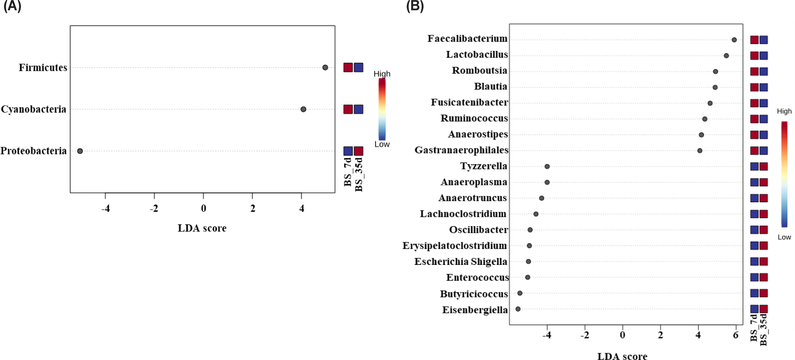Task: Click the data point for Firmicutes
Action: tap(325, 68)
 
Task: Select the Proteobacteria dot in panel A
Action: tap(80, 151)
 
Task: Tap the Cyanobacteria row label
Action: tap(34, 109)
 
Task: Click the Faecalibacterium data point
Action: tap(734, 40)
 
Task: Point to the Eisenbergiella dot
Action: tap(518, 309)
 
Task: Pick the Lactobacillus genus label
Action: tap(477, 55)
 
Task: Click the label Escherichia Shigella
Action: tap(460, 262)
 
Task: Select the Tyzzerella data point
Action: tap(547, 166)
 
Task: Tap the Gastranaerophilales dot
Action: tap(700, 151)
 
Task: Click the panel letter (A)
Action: tap(12, 6)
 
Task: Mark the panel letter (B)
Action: tap(415, 6)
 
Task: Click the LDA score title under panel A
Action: tap(202, 228)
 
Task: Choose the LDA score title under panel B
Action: tap(622, 356)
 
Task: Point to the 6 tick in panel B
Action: tap(735, 335)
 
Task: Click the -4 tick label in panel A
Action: tap(106, 208)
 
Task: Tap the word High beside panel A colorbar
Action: tap(382, 74)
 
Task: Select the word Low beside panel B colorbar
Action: tap(784, 237)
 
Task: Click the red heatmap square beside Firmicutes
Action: tap(348, 68)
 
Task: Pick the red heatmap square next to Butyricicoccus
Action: tap(764, 293)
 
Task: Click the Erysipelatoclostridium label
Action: tap(454, 246)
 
